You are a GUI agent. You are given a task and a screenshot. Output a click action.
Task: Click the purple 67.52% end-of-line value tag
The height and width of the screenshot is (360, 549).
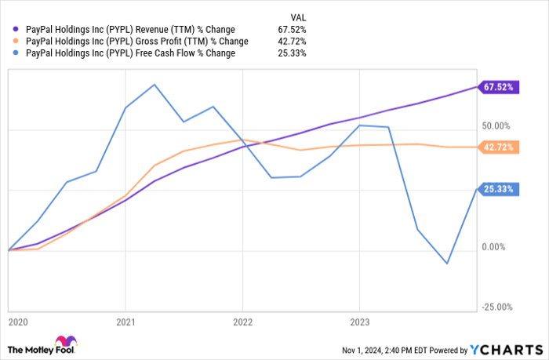coord(498,88)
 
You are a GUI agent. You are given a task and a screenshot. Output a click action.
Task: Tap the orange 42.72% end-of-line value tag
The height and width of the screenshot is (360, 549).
coord(498,147)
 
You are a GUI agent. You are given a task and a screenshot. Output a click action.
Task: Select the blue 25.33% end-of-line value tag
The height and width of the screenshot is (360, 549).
coord(498,188)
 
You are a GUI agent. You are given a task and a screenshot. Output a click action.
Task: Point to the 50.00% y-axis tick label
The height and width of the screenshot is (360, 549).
coord(495,125)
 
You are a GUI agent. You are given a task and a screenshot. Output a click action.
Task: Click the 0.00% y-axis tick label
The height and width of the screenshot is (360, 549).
coord(497,247)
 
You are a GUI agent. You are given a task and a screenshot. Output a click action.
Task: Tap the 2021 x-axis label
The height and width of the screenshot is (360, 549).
coord(125,322)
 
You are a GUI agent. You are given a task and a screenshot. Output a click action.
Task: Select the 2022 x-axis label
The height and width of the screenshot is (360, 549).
coord(242,322)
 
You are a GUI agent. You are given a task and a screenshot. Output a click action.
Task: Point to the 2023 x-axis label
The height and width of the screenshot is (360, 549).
coord(359,322)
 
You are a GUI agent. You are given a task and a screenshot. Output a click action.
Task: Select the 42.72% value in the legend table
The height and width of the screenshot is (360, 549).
coord(292,41)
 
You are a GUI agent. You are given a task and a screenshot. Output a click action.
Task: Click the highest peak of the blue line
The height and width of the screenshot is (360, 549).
coord(155,84)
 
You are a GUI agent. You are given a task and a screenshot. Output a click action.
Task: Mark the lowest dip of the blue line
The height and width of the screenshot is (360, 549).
coord(447,264)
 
